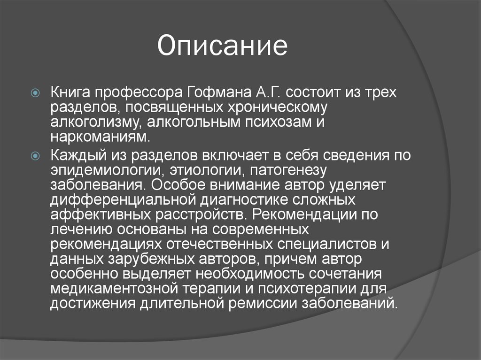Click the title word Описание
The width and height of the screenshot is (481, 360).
222,46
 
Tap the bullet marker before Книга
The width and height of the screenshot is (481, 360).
36,92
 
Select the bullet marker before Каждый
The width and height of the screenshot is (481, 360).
36,156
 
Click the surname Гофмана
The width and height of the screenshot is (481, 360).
219,92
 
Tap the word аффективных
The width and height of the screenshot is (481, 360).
101,215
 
